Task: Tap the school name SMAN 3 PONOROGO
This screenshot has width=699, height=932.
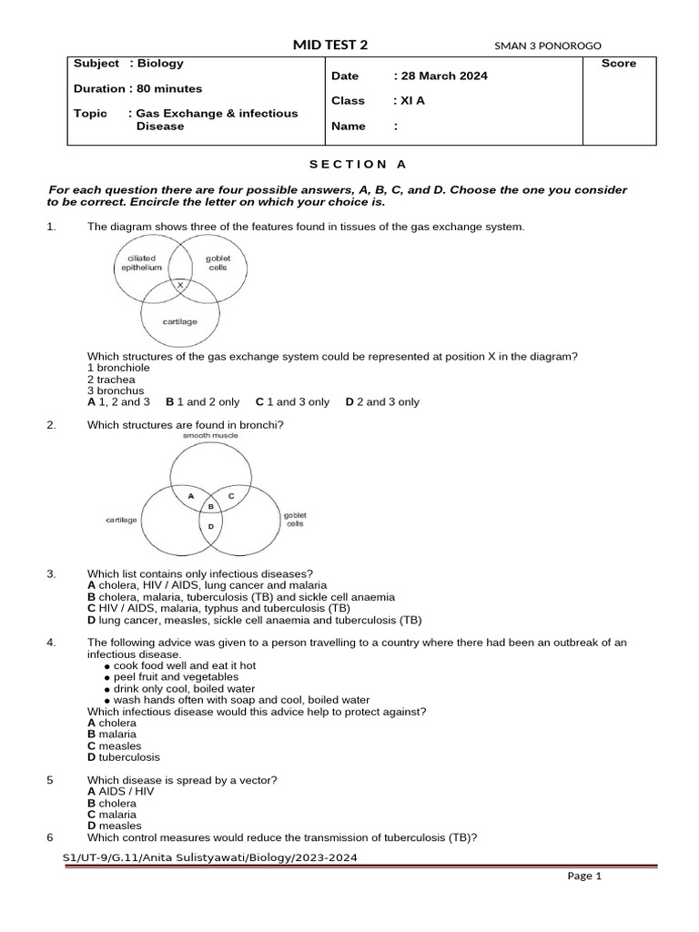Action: (x=547, y=46)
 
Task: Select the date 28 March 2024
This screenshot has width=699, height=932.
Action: (x=441, y=76)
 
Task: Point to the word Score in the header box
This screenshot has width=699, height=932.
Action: (x=619, y=64)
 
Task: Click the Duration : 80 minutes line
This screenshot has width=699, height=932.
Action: (x=138, y=88)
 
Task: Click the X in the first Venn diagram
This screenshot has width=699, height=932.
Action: (x=180, y=285)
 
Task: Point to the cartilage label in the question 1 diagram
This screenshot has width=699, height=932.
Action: (x=179, y=321)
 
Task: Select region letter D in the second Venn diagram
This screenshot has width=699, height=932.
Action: (x=210, y=526)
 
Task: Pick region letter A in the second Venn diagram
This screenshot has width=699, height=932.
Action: (x=191, y=495)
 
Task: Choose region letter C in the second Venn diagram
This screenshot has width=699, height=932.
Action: (x=231, y=495)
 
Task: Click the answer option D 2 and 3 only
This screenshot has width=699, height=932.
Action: (x=382, y=401)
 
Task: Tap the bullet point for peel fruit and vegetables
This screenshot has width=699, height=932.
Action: (x=107, y=678)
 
